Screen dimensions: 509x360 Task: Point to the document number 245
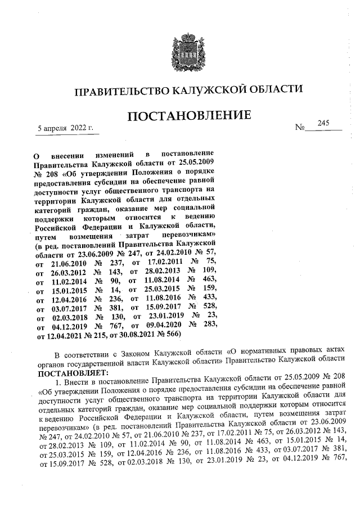(323, 123)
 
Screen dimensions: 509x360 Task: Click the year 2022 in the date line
(79, 128)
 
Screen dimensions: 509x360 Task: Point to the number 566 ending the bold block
(169, 334)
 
